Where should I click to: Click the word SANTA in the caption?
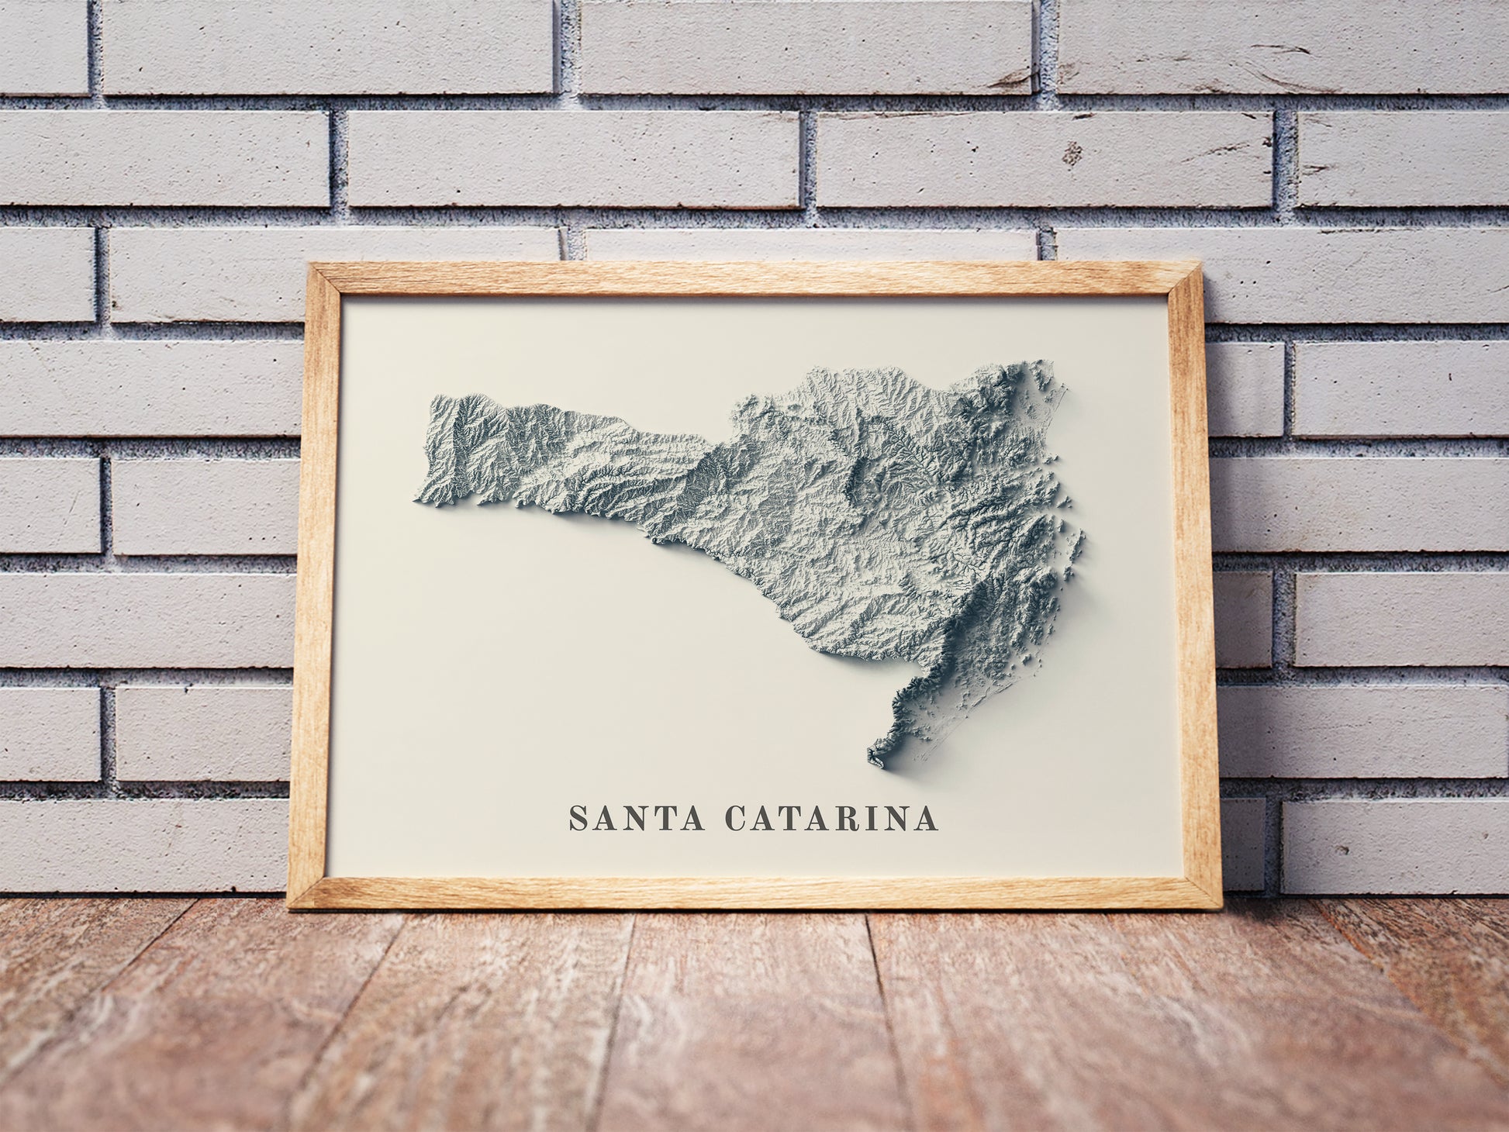[637, 819]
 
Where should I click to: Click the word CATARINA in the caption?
[831, 819]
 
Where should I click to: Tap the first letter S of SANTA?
[578, 819]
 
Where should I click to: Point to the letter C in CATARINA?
[735, 819]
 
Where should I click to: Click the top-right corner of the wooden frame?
[1200, 266]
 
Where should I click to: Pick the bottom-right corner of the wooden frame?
[1221, 907]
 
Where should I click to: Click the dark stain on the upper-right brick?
[1072, 152]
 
